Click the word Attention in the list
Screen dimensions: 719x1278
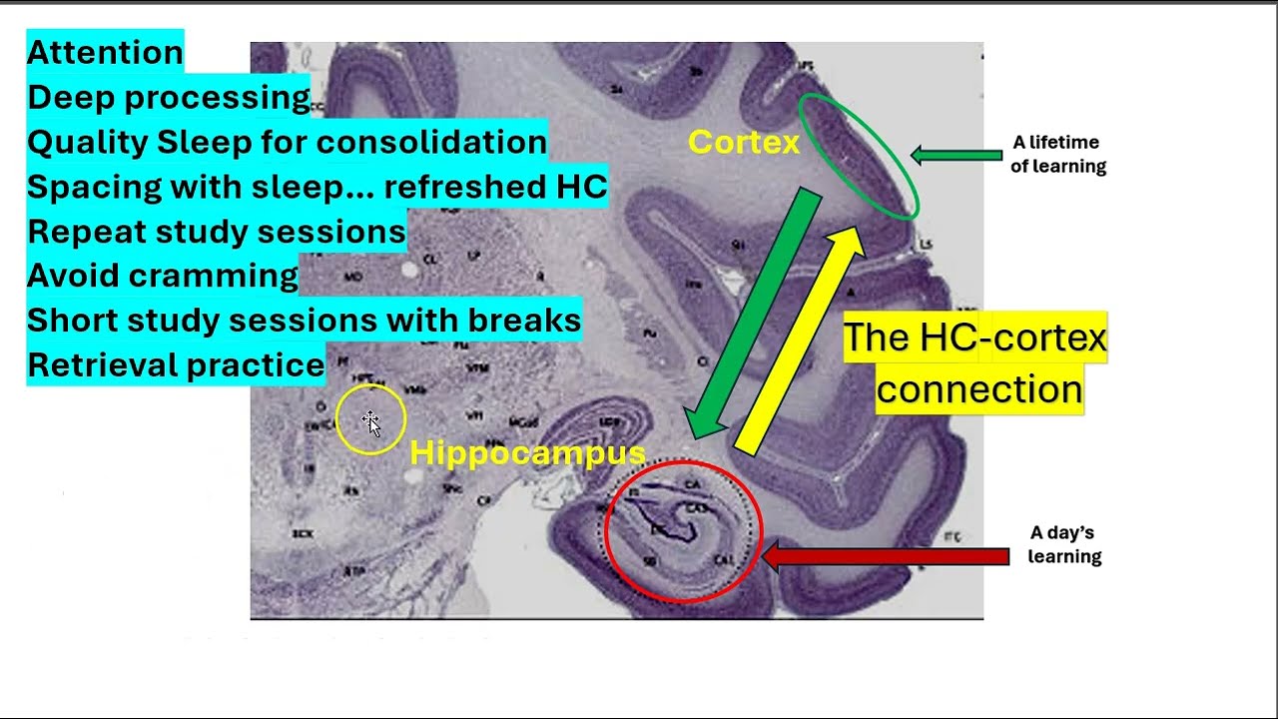[x=105, y=52]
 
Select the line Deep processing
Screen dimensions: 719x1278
[x=169, y=97]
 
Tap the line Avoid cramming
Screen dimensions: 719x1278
[x=163, y=275]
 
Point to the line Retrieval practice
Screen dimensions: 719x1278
[x=176, y=364]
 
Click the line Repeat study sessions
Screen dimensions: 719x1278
[x=217, y=231]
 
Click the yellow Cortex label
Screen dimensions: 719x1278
[x=744, y=143]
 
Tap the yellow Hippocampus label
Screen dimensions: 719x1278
[x=527, y=453]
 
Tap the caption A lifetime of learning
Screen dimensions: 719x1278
[x=1058, y=155]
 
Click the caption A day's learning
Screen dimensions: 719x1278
[x=1064, y=545]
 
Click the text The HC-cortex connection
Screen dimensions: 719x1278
[x=976, y=362]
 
